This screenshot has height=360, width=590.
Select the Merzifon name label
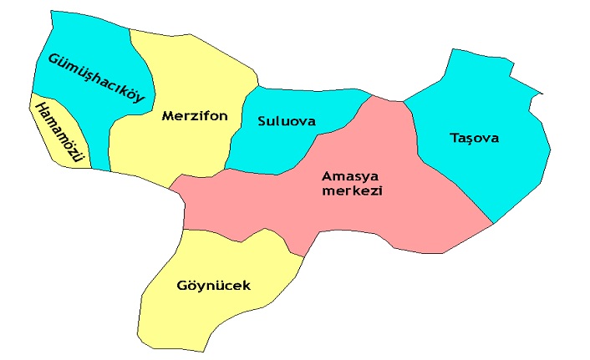click(x=195, y=116)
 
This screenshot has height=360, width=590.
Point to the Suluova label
click(x=287, y=121)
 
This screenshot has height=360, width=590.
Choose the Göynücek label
click(x=213, y=286)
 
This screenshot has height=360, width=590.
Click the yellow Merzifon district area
click(x=175, y=150)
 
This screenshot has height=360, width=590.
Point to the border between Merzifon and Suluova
click(x=237, y=125)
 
